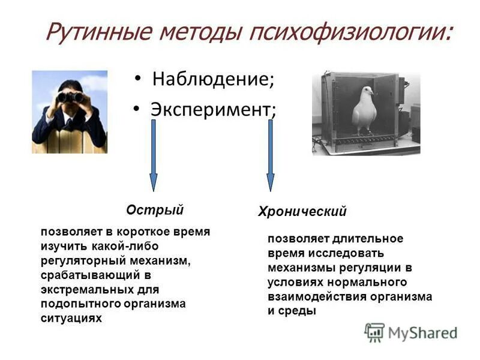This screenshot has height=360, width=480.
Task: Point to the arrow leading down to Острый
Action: click(153, 156)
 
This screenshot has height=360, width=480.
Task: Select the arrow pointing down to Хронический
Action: click(270, 156)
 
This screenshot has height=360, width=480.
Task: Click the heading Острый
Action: click(154, 210)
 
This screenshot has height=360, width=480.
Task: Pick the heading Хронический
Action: click(302, 212)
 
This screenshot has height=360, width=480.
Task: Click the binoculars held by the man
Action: click(70, 97)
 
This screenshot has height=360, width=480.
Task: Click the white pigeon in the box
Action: click(364, 110)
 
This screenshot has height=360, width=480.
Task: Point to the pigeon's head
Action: click(365, 92)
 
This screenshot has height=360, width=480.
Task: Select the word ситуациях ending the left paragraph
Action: click(71, 318)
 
